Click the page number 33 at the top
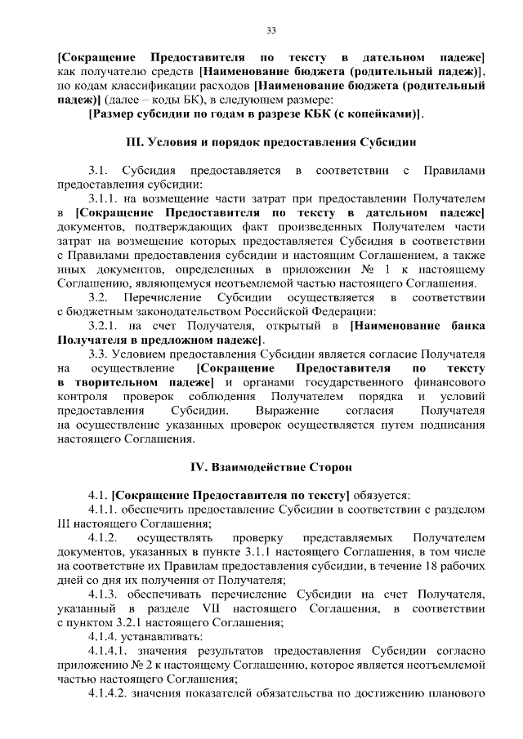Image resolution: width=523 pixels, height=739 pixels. click(x=272, y=31)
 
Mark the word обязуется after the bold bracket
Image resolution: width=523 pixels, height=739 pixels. click(x=382, y=495)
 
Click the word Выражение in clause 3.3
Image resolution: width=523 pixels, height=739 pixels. click(x=288, y=410)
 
